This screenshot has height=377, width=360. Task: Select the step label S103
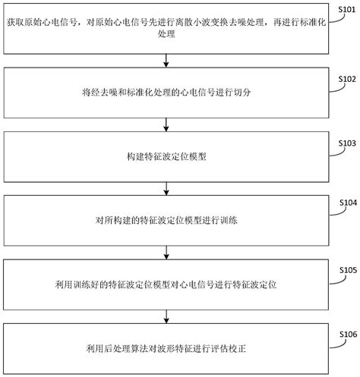point(346,142)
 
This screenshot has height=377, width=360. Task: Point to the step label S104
point(346,203)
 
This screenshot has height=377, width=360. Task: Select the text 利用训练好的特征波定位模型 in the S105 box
point(109,283)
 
